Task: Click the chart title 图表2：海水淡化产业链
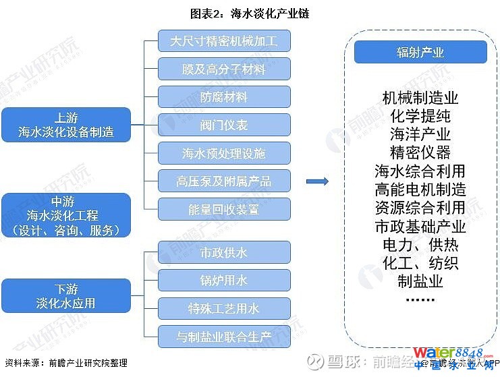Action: click(x=250, y=13)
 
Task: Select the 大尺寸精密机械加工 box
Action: click(x=224, y=41)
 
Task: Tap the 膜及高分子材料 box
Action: click(x=224, y=69)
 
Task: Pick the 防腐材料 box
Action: click(x=224, y=97)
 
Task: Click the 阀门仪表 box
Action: click(x=224, y=125)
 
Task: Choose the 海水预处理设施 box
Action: click(x=224, y=153)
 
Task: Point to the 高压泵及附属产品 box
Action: click(x=224, y=181)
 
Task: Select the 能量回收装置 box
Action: click(x=224, y=209)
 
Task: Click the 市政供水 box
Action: click(x=224, y=253)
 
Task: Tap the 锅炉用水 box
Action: click(x=224, y=281)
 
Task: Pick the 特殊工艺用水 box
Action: click(x=224, y=309)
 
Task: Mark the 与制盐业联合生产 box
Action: click(x=224, y=337)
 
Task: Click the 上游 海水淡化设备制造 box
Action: click(x=65, y=125)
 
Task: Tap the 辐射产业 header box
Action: click(x=420, y=53)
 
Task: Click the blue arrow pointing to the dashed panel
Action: click(x=316, y=181)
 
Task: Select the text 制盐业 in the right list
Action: click(x=420, y=280)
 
